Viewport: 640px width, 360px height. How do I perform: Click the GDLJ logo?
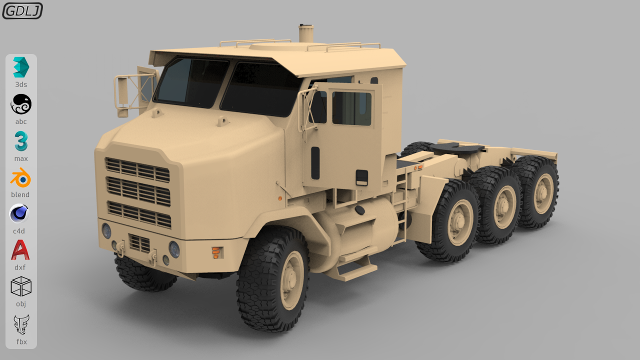pos(22,11)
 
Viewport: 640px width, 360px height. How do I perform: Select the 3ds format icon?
pos(21,67)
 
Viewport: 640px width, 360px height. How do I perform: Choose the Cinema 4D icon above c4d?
pos(19,213)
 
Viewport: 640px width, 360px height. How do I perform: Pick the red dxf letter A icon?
pos(20,249)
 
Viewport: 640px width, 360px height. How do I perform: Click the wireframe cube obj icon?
pos(21,286)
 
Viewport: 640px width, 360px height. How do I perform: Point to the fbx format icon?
pos(21,324)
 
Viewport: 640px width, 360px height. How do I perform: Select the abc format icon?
pos(21,104)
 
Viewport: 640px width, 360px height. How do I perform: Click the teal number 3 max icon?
pos(21,141)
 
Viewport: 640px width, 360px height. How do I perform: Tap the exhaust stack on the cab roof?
pos(306,33)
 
